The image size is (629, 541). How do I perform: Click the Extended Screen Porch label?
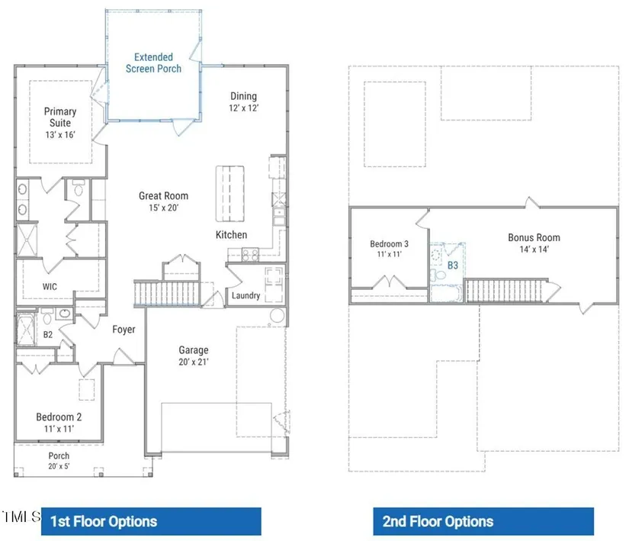[154, 63]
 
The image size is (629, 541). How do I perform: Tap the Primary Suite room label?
[60, 117]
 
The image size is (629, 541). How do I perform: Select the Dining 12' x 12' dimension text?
[244, 108]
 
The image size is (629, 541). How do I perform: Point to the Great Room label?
[163, 196]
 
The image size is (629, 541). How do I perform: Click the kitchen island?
[229, 194]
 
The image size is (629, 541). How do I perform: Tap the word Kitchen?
[232, 235]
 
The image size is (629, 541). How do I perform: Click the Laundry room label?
[246, 296]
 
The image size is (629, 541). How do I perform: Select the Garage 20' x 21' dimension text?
[194, 362]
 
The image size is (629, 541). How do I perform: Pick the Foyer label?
[124, 330]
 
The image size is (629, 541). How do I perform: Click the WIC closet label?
[50, 287]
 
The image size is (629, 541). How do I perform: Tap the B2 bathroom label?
[48, 335]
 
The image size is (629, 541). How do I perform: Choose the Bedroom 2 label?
[59, 417]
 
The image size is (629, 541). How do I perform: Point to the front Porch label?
[59, 456]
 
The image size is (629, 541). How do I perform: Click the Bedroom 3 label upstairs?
[389, 244]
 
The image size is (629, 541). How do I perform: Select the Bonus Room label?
[534, 237]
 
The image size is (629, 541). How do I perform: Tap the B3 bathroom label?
[452, 266]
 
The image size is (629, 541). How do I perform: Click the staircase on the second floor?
[505, 290]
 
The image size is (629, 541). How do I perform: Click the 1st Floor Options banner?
[151, 521]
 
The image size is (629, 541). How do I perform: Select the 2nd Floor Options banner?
[483, 521]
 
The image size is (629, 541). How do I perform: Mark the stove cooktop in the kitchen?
[250, 255]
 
